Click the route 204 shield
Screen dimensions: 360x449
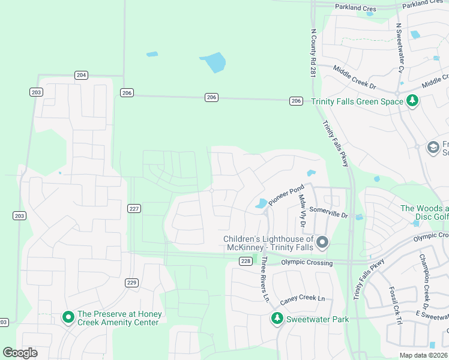82,75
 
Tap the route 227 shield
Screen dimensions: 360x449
134,208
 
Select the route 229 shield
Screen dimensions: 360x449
132,283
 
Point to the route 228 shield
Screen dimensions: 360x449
245,261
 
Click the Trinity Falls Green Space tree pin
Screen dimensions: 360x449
412,101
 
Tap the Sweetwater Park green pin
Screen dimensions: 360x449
277,319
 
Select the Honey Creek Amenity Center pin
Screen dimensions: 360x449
68,317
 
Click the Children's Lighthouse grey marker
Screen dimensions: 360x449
322,243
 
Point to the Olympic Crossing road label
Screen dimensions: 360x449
307,263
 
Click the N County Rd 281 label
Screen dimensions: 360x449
313,55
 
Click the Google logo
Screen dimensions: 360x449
20,353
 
